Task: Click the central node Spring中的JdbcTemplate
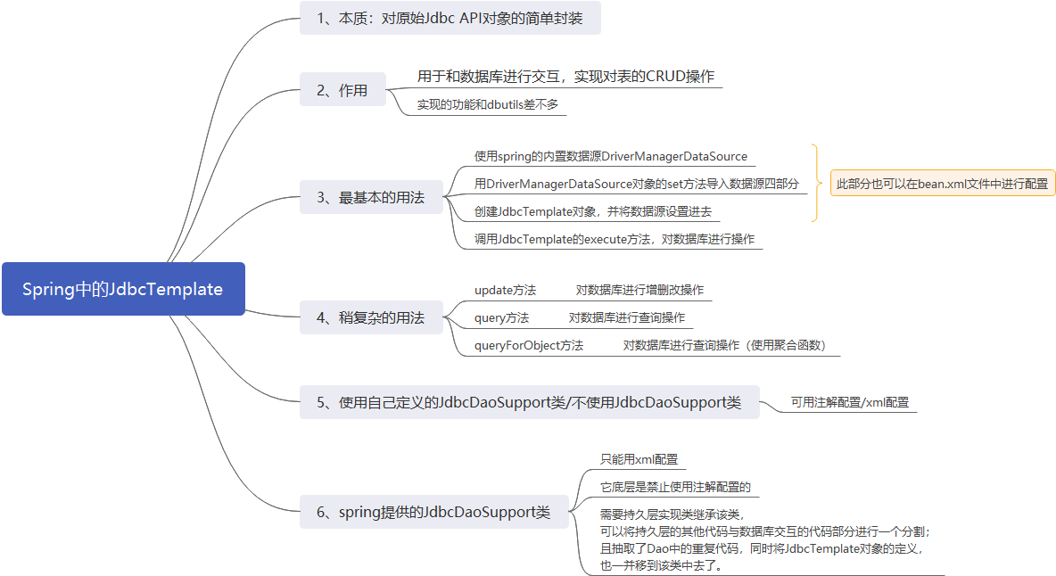(123, 289)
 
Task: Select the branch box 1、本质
(450, 18)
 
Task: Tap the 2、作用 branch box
(342, 90)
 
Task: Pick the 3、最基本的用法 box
(371, 197)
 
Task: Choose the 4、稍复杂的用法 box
(371, 317)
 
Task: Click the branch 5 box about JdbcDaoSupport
(529, 402)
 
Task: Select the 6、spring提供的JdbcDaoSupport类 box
(433, 512)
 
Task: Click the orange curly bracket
(814, 183)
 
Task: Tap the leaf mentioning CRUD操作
(565, 77)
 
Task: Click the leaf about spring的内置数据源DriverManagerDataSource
(611, 157)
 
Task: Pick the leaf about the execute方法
(615, 239)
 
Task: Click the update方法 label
(505, 290)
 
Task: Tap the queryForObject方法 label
(529, 345)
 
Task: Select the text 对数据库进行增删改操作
(639, 290)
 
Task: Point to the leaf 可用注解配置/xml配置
(850, 402)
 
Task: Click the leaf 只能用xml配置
(639, 459)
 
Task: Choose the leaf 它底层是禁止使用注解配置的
(675, 488)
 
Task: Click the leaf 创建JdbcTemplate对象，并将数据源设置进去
(592, 211)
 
